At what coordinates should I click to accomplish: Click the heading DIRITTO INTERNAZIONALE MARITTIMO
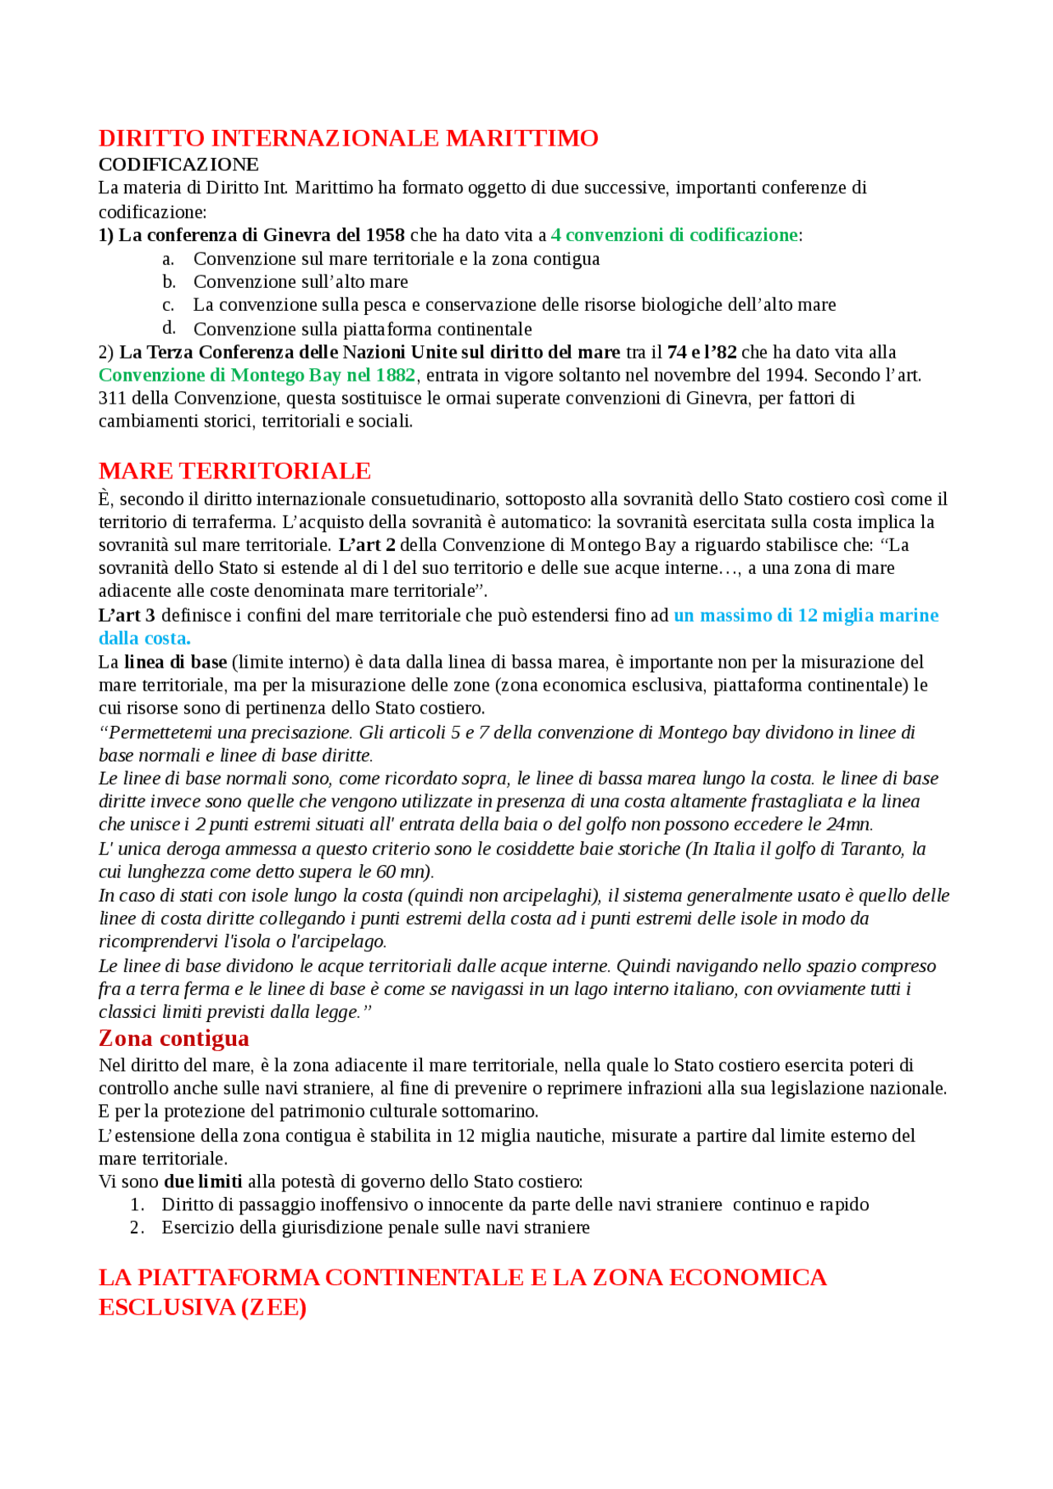(348, 137)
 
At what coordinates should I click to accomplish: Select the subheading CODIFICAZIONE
(179, 164)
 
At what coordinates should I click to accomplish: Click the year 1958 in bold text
(384, 235)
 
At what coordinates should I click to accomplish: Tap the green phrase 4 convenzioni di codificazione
(674, 235)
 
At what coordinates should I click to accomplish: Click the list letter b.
(169, 282)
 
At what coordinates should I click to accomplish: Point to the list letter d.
(169, 328)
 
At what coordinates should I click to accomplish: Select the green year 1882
(395, 375)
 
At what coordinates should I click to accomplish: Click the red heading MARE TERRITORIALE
(234, 470)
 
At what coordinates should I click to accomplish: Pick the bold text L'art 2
(366, 545)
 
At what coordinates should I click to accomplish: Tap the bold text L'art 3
(127, 615)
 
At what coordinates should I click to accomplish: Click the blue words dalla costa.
(144, 638)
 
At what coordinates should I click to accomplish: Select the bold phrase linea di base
(175, 662)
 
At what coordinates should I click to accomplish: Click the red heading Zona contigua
(174, 1038)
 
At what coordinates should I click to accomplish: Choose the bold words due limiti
(203, 1181)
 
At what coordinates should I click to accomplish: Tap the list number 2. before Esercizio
(137, 1228)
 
